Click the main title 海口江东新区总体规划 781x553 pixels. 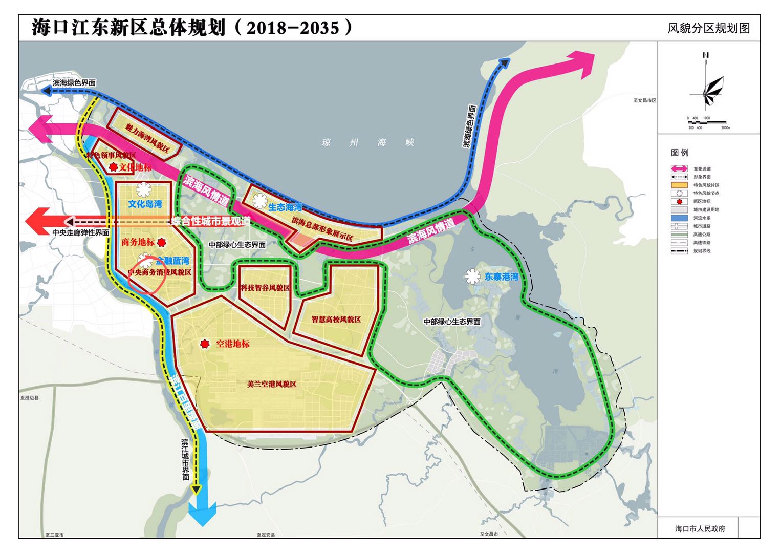128,28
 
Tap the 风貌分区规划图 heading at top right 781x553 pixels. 708,28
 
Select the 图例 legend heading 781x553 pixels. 680,153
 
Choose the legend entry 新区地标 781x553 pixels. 702,201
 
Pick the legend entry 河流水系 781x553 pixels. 702,218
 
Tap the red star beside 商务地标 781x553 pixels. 162,242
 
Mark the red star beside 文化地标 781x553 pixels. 113,167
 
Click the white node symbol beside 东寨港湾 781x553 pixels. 472,276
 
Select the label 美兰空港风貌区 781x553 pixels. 271,384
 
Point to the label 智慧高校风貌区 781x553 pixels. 336,319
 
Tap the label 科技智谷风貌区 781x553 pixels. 265,288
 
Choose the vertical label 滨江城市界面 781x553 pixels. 185,459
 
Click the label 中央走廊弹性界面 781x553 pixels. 80,232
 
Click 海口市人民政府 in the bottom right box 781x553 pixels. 700,529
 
